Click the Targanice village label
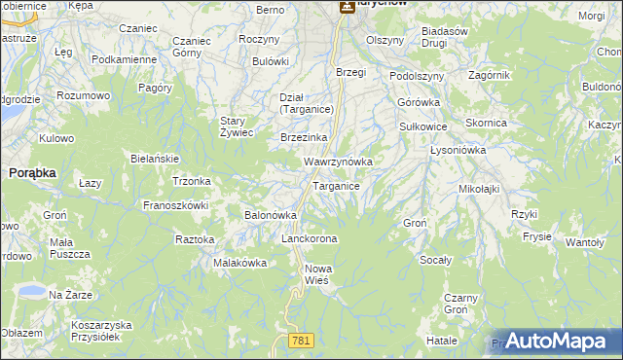(x=336, y=186)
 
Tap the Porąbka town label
(x=32, y=172)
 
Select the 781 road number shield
(x=301, y=339)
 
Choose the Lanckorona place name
(x=309, y=238)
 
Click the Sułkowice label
(x=423, y=126)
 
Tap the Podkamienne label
(x=124, y=59)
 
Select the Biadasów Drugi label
(x=447, y=37)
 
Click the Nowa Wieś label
(x=320, y=274)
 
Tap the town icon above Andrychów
(x=346, y=6)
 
